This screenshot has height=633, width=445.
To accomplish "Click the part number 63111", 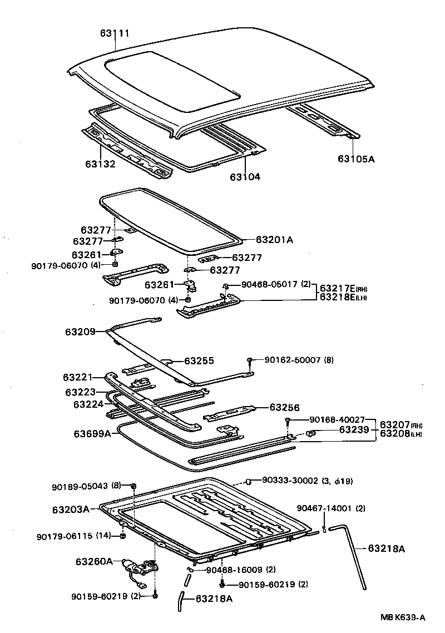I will pos(115,33).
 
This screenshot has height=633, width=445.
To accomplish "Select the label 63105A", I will pos(356,159).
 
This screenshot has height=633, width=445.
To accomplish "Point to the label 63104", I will pos(245,177).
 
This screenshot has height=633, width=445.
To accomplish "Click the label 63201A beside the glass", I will pos(274,240).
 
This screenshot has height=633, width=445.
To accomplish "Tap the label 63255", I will pos(199,360).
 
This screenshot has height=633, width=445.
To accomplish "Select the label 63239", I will pos(354,429).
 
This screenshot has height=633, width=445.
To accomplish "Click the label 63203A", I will pos(71,509).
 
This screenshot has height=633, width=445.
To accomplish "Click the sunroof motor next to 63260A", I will pos(136,567).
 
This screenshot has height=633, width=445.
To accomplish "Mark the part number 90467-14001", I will pos(324,508).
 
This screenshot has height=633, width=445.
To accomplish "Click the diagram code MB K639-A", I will pos(403,617).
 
